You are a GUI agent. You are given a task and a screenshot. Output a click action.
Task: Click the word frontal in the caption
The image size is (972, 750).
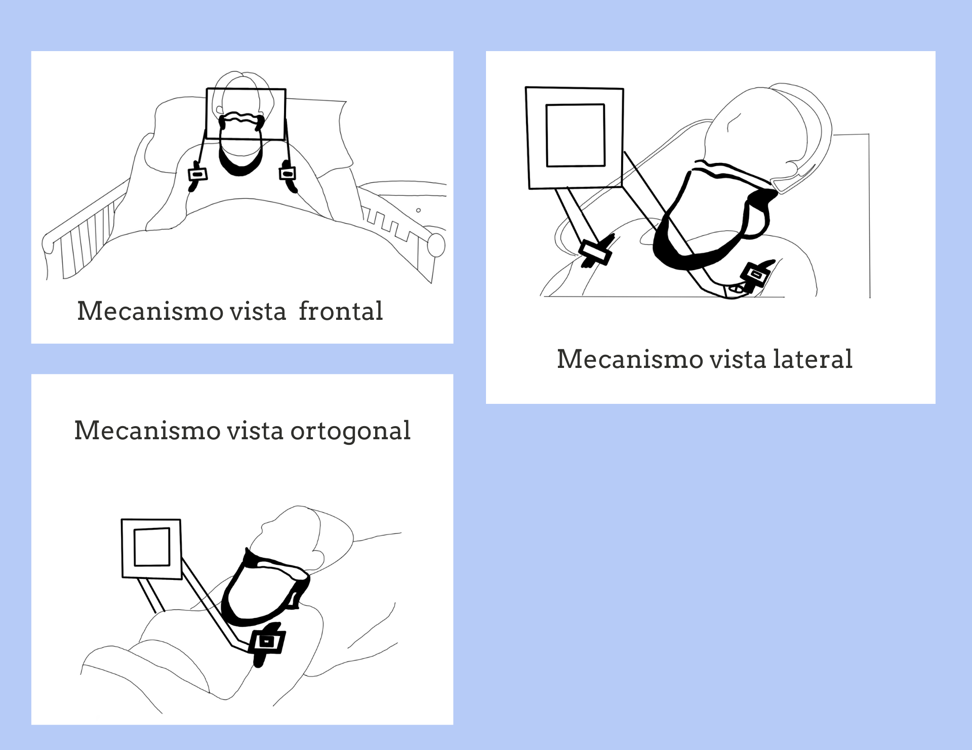(341, 311)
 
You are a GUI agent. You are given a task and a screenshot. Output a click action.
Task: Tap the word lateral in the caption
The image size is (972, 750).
(813, 359)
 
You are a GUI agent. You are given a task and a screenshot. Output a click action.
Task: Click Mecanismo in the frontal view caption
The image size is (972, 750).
(150, 311)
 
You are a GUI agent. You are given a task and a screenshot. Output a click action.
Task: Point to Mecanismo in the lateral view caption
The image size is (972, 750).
(630, 359)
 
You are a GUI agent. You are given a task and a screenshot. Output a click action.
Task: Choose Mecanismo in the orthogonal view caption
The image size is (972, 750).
(147, 431)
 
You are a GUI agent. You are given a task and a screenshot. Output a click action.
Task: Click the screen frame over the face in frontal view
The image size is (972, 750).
(246, 90)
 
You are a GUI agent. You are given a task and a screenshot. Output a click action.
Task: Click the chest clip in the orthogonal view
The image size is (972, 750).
(267, 643)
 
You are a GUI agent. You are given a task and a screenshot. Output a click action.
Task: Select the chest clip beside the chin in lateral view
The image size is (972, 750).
(756, 276)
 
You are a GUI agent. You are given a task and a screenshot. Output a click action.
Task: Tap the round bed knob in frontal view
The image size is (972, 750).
(436, 245)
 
